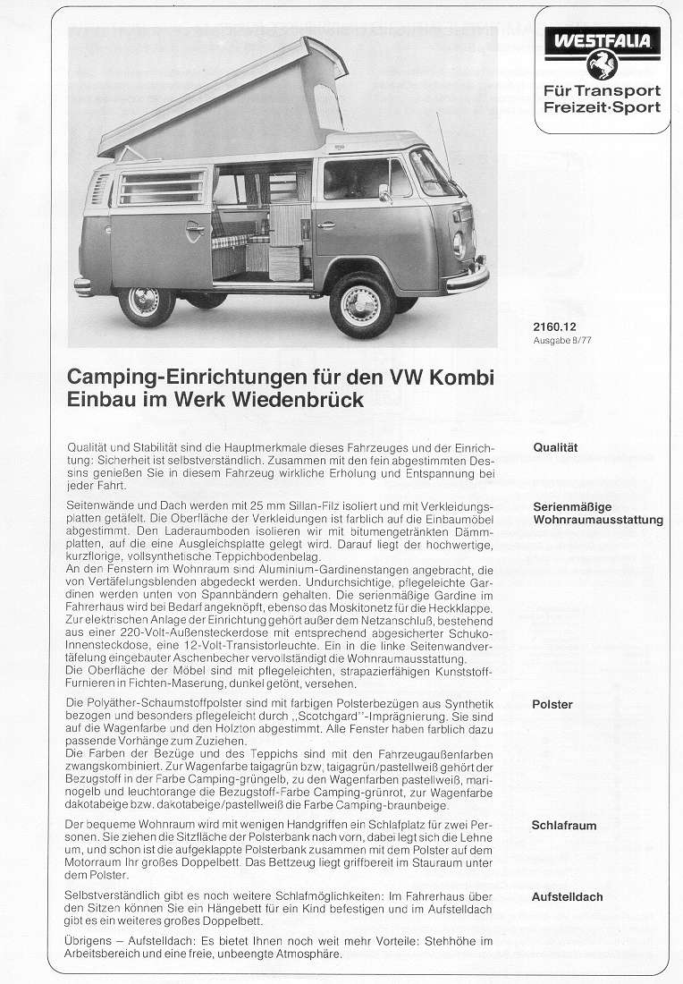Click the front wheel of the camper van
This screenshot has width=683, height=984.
click(x=361, y=304)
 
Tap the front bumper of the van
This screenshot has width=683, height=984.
click(x=469, y=277)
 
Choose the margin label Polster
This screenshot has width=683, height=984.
click(x=552, y=704)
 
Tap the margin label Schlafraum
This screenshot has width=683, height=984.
click(x=563, y=825)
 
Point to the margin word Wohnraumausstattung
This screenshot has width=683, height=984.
click(x=597, y=520)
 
